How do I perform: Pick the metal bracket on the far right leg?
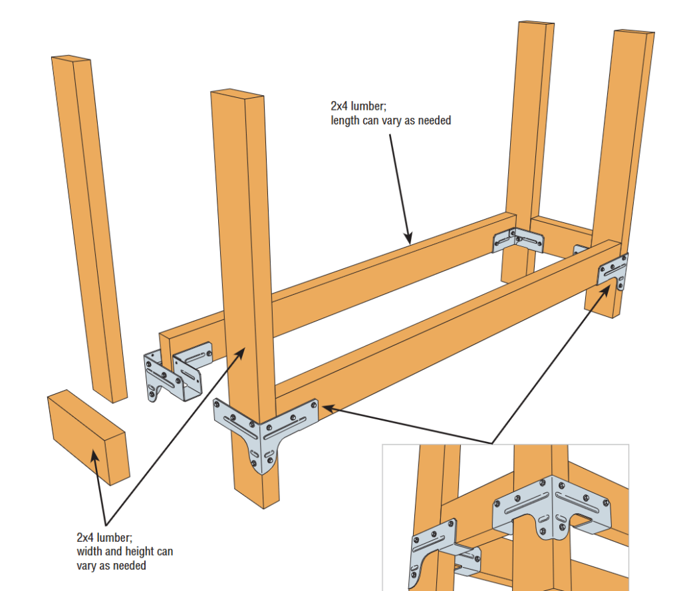point(613,272)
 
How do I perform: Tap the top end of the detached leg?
point(70,59)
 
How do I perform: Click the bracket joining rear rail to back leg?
point(517,240)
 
